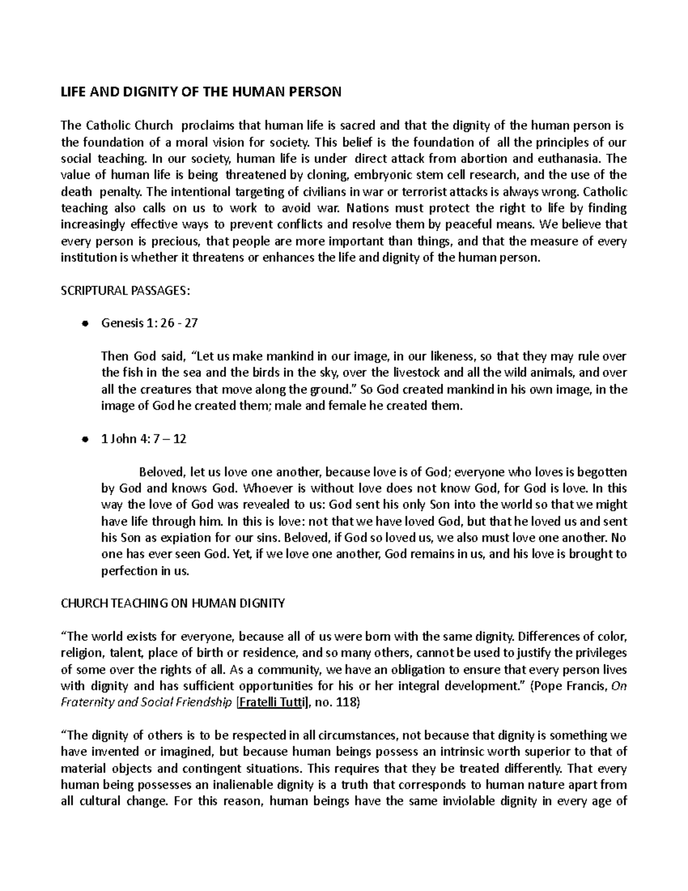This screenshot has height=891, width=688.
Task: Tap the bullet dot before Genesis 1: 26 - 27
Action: pyautogui.click(x=84, y=324)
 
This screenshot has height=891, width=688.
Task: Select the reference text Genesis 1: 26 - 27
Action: pyautogui.click(x=149, y=323)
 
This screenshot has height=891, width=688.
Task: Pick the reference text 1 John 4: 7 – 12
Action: pyautogui.click(x=143, y=439)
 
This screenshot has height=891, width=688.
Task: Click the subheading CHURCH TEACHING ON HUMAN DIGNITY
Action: pyautogui.click(x=173, y=603)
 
